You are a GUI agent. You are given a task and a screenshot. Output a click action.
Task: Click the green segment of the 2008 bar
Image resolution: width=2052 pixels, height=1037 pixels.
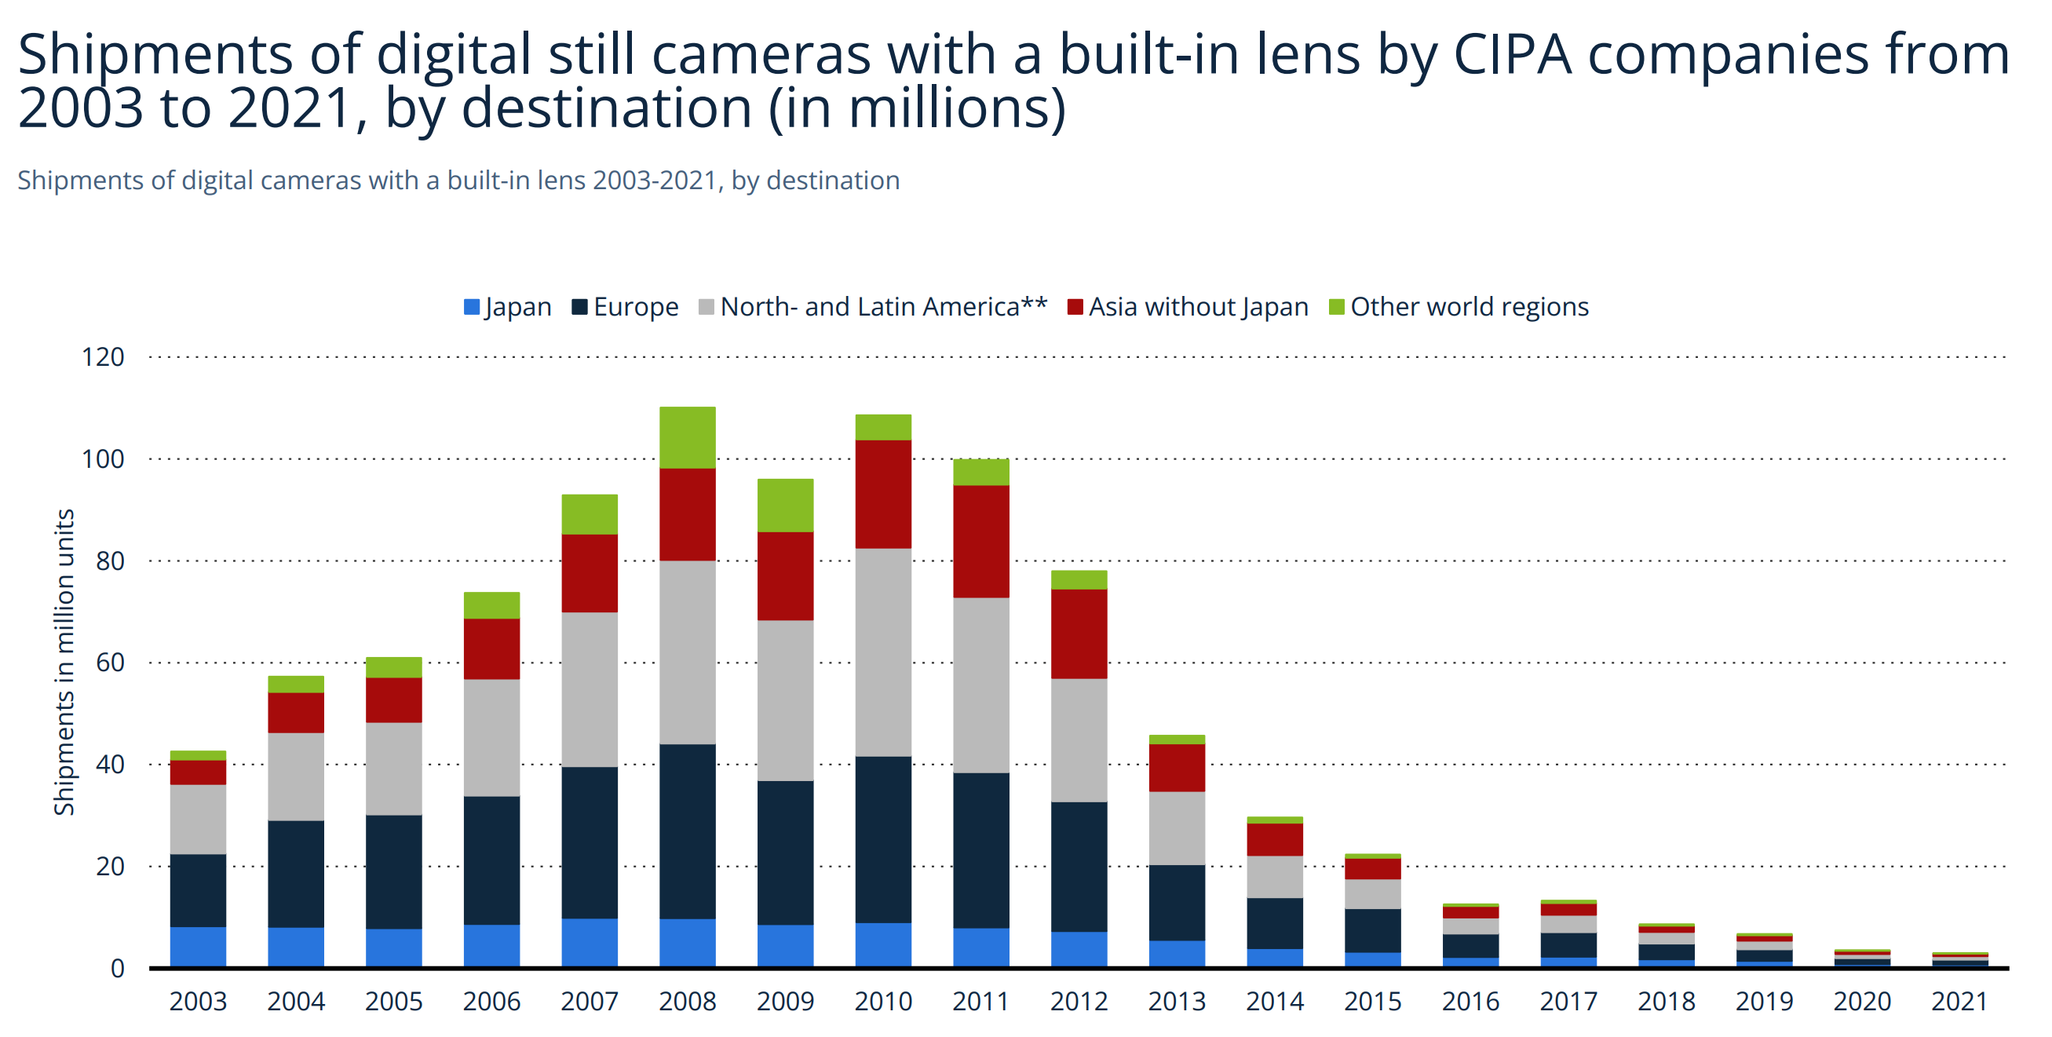pos(687,437)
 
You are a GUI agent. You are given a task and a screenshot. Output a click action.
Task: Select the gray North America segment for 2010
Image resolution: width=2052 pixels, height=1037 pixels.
pos(882,652)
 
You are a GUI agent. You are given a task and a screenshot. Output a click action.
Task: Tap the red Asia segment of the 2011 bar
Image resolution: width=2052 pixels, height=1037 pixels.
pos(980,541)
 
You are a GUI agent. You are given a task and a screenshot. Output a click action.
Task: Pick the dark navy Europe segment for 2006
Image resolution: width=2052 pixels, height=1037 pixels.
pos(491,860)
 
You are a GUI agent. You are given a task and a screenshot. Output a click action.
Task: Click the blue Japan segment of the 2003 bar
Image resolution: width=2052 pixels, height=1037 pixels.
pos(198,946)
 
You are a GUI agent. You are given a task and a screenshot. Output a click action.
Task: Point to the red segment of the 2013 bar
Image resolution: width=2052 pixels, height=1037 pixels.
pos(1177,767)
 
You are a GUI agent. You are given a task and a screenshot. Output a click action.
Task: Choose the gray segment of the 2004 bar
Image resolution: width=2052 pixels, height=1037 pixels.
pos(295,776)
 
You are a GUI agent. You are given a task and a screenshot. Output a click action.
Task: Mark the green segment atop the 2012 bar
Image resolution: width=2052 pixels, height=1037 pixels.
pos(1079,580)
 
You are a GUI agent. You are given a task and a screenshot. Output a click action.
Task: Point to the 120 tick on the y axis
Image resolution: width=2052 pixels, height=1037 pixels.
pos(104,357)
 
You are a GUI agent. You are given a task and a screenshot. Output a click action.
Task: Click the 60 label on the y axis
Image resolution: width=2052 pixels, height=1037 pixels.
pos(110,663)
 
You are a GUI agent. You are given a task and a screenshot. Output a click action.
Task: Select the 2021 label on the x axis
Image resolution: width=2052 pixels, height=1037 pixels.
pos(1959,1001)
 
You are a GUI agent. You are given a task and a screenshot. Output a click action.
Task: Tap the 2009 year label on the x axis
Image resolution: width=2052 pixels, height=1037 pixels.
pos(785,1001)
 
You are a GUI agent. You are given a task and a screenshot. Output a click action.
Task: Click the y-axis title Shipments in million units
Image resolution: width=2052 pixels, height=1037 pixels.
pos(64,662)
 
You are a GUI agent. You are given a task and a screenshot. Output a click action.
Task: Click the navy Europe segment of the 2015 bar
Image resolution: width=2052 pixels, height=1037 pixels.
pos(1371,930)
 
